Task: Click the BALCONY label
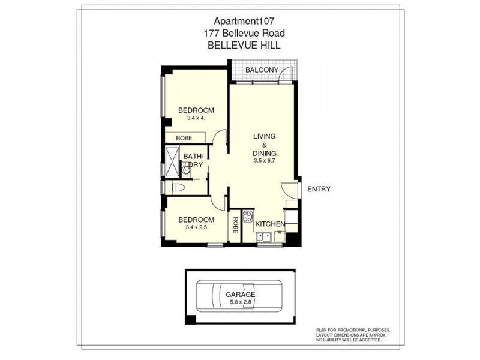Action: click(261, 71)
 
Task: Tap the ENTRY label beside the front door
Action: click(318, 189)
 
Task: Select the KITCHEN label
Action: click(269, 224)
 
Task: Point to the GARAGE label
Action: click(240, 295)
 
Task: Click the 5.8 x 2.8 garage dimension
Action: click(240, 302)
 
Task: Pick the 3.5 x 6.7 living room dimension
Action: click(264, 161)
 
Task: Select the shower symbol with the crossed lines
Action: click(173, 162)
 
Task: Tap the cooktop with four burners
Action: click(247, 217)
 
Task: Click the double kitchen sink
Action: click(263, 238)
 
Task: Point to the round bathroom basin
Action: click(186, 171)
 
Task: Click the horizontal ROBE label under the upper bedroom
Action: click(184, 138)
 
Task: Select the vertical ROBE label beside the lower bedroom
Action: click(235, 225)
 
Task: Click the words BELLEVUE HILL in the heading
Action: click(240, 45)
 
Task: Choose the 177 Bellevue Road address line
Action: click(240, 34)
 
